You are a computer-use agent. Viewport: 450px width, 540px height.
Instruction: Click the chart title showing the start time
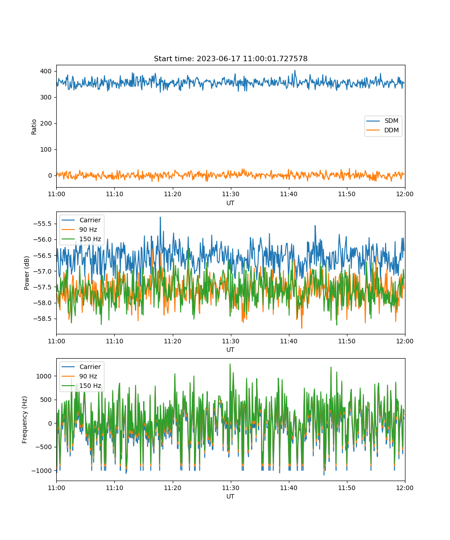coord(231,58)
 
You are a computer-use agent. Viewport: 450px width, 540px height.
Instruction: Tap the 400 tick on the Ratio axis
coord(46,71)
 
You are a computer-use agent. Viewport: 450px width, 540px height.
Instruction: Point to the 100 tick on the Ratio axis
coord(46,149)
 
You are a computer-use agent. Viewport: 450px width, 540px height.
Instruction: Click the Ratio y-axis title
coord(34,127)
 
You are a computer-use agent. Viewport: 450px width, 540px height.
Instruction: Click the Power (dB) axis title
coord(27,273)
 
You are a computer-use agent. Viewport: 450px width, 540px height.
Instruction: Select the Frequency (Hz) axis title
coord(25,420)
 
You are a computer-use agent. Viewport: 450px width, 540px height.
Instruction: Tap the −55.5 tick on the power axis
coord(42,224)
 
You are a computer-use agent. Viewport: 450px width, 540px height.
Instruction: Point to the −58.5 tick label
coord(42,319)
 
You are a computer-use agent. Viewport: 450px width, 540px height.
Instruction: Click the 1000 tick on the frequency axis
coord(44,376)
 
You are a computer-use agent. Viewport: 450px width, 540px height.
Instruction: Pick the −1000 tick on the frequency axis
coord(42,471)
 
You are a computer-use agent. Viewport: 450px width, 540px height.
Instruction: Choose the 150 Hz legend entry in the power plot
coord(81,239)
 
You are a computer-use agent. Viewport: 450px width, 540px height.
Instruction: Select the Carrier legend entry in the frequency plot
coord(81,367)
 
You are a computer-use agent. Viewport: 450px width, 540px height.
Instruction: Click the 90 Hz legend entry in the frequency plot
coord(79,376)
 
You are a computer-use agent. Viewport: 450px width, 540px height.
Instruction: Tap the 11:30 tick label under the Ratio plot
coord(231,194)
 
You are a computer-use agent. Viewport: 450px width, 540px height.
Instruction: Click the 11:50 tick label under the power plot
coord(347,341)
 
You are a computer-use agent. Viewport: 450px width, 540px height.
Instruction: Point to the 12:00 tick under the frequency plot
coord(405,488)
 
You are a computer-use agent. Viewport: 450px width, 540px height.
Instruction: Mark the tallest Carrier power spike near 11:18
coord(160,217)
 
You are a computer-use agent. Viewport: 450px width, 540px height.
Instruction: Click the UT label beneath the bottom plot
coord(230,496)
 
